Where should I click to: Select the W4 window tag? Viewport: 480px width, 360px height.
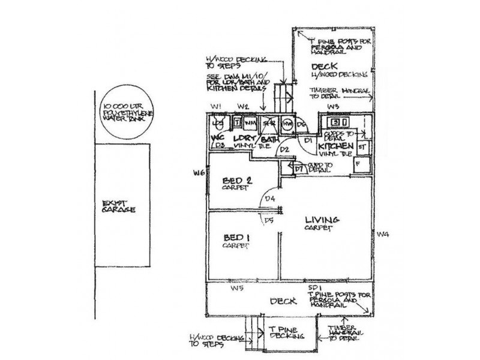coord(381,233)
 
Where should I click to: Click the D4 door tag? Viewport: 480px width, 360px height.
coord(271,199)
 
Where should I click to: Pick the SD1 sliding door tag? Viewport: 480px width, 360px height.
coord(313,289)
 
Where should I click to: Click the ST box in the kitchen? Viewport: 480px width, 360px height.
coord(362,146)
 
